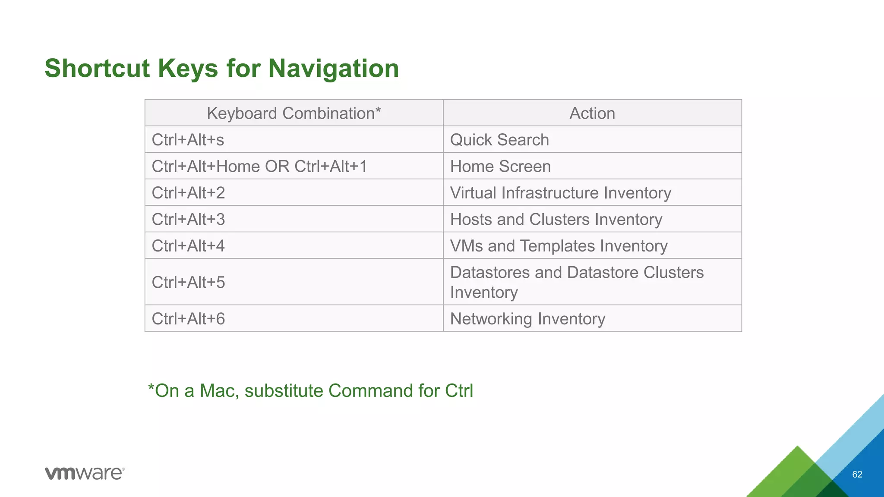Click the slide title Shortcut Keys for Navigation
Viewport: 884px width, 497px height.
222,68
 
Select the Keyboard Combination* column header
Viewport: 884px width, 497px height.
294,113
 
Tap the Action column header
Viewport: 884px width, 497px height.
592,113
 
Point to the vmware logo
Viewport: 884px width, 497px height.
85,473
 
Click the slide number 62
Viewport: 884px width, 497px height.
857,475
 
